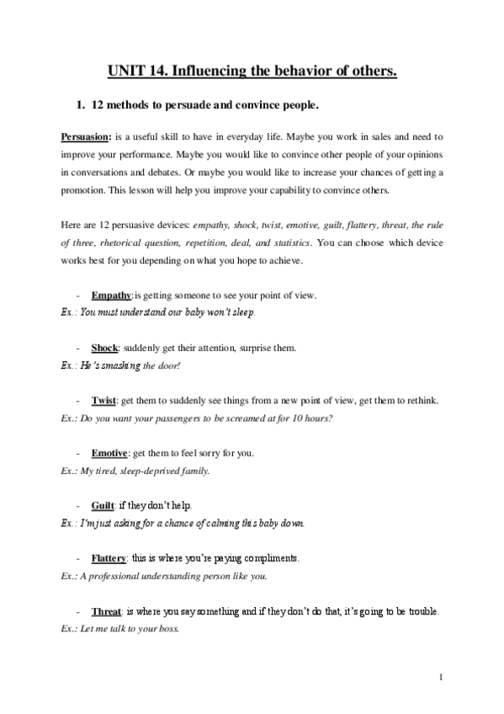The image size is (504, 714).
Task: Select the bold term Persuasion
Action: (85, 136)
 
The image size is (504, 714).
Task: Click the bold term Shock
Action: (104, 348)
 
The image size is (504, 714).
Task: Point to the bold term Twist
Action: (103, 400)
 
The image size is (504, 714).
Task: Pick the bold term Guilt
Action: (103, 506)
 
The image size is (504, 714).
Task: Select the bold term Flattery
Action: (109, 558)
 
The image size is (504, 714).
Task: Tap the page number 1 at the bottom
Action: (440, 677)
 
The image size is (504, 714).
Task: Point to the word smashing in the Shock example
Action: (120, 365)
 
